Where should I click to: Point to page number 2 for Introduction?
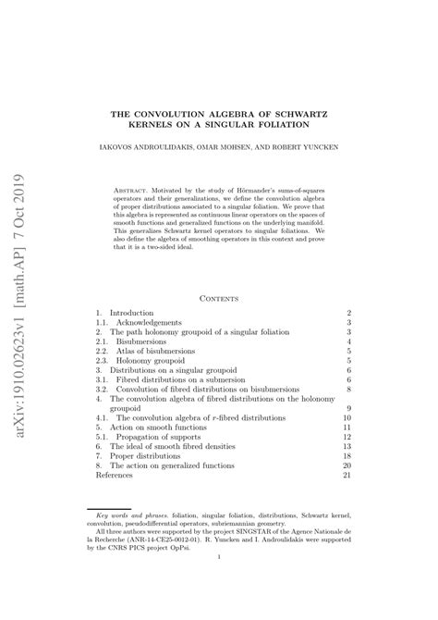[x=348, y=315]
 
